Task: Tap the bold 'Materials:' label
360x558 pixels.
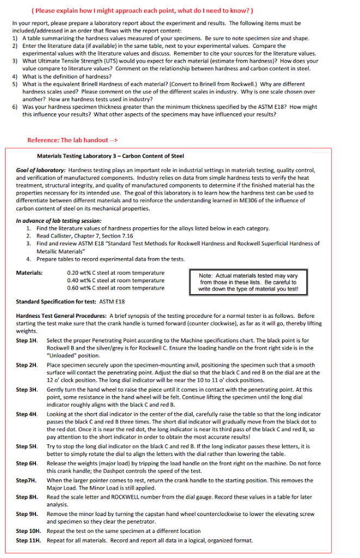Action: coord(29,272)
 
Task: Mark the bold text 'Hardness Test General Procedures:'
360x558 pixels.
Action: coord(61,316)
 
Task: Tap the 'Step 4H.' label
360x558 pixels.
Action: coord(27,415)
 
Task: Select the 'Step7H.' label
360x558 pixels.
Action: coord(26,481)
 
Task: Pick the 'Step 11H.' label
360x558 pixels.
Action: coord(28,541)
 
